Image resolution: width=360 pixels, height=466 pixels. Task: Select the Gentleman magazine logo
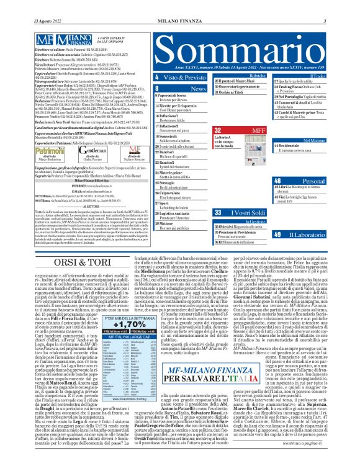(x=81, y=151)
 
